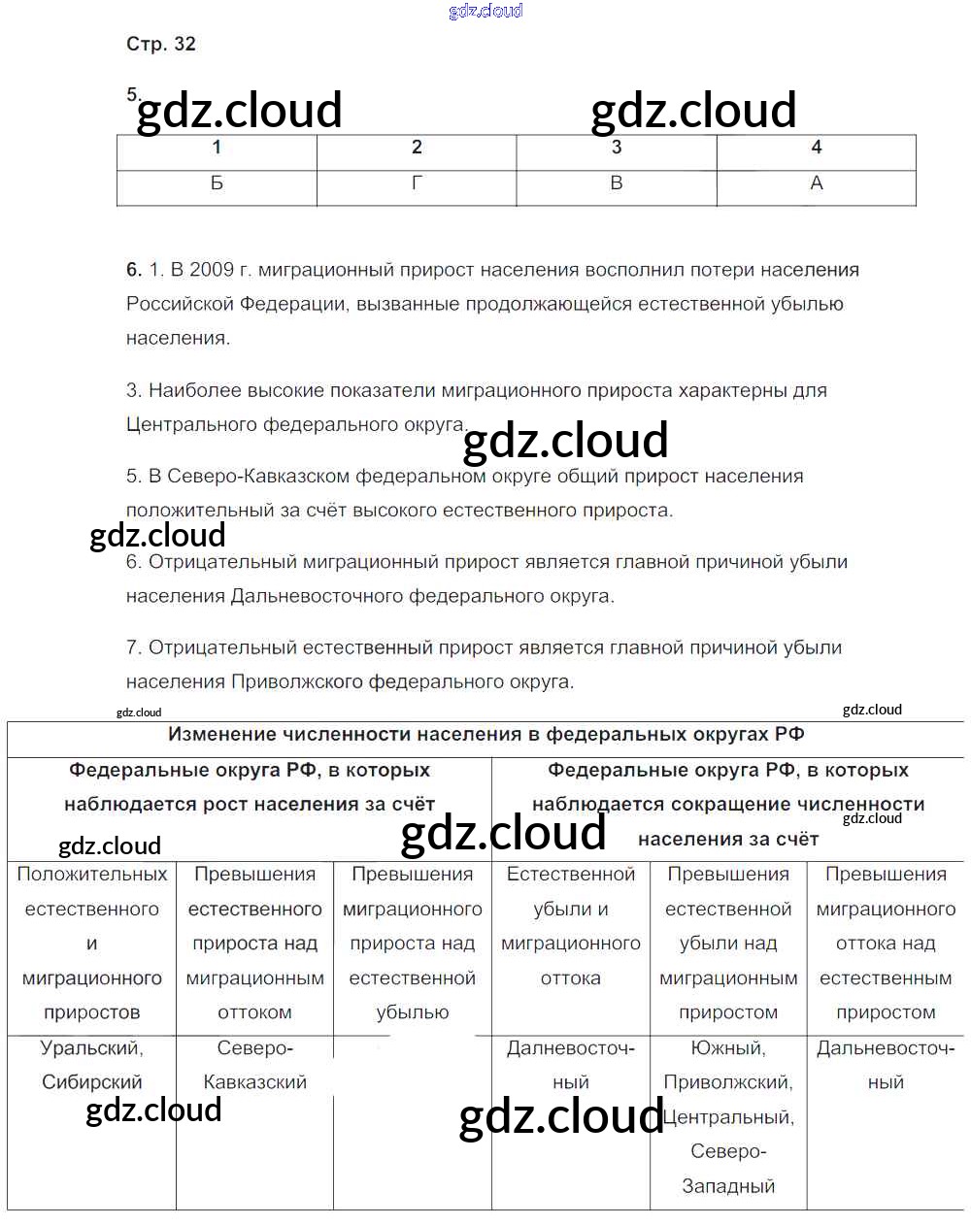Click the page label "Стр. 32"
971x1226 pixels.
click(x=161, y=44)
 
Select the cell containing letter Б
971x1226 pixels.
click(x=217, y=183)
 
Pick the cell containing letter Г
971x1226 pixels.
click(x=417, y=183)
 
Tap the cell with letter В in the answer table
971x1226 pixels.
click(x=617, y=183)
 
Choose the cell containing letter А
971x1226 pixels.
click(x=816, y=183)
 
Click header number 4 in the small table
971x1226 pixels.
click(x=816, y=148)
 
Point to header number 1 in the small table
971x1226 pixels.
click(x=217, y=148)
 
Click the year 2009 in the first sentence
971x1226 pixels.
click(x=211, y=270)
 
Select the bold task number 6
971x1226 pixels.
click(x=134, y=270)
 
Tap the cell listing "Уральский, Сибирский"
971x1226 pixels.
click(x=92, y=1065)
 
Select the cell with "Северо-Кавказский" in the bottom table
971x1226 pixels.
click(x=254, y=1065)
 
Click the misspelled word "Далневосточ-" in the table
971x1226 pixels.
click(x=571, y=1048)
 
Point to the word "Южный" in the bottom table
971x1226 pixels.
click(x=728, y=1048)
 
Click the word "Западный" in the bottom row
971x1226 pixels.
click(x=728, y=1186)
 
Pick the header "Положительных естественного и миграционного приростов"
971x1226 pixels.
click(x=92, y=943)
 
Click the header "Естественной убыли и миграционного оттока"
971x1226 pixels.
click(x=571, y=925)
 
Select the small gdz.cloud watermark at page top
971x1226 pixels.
click(x=485, y=11)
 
